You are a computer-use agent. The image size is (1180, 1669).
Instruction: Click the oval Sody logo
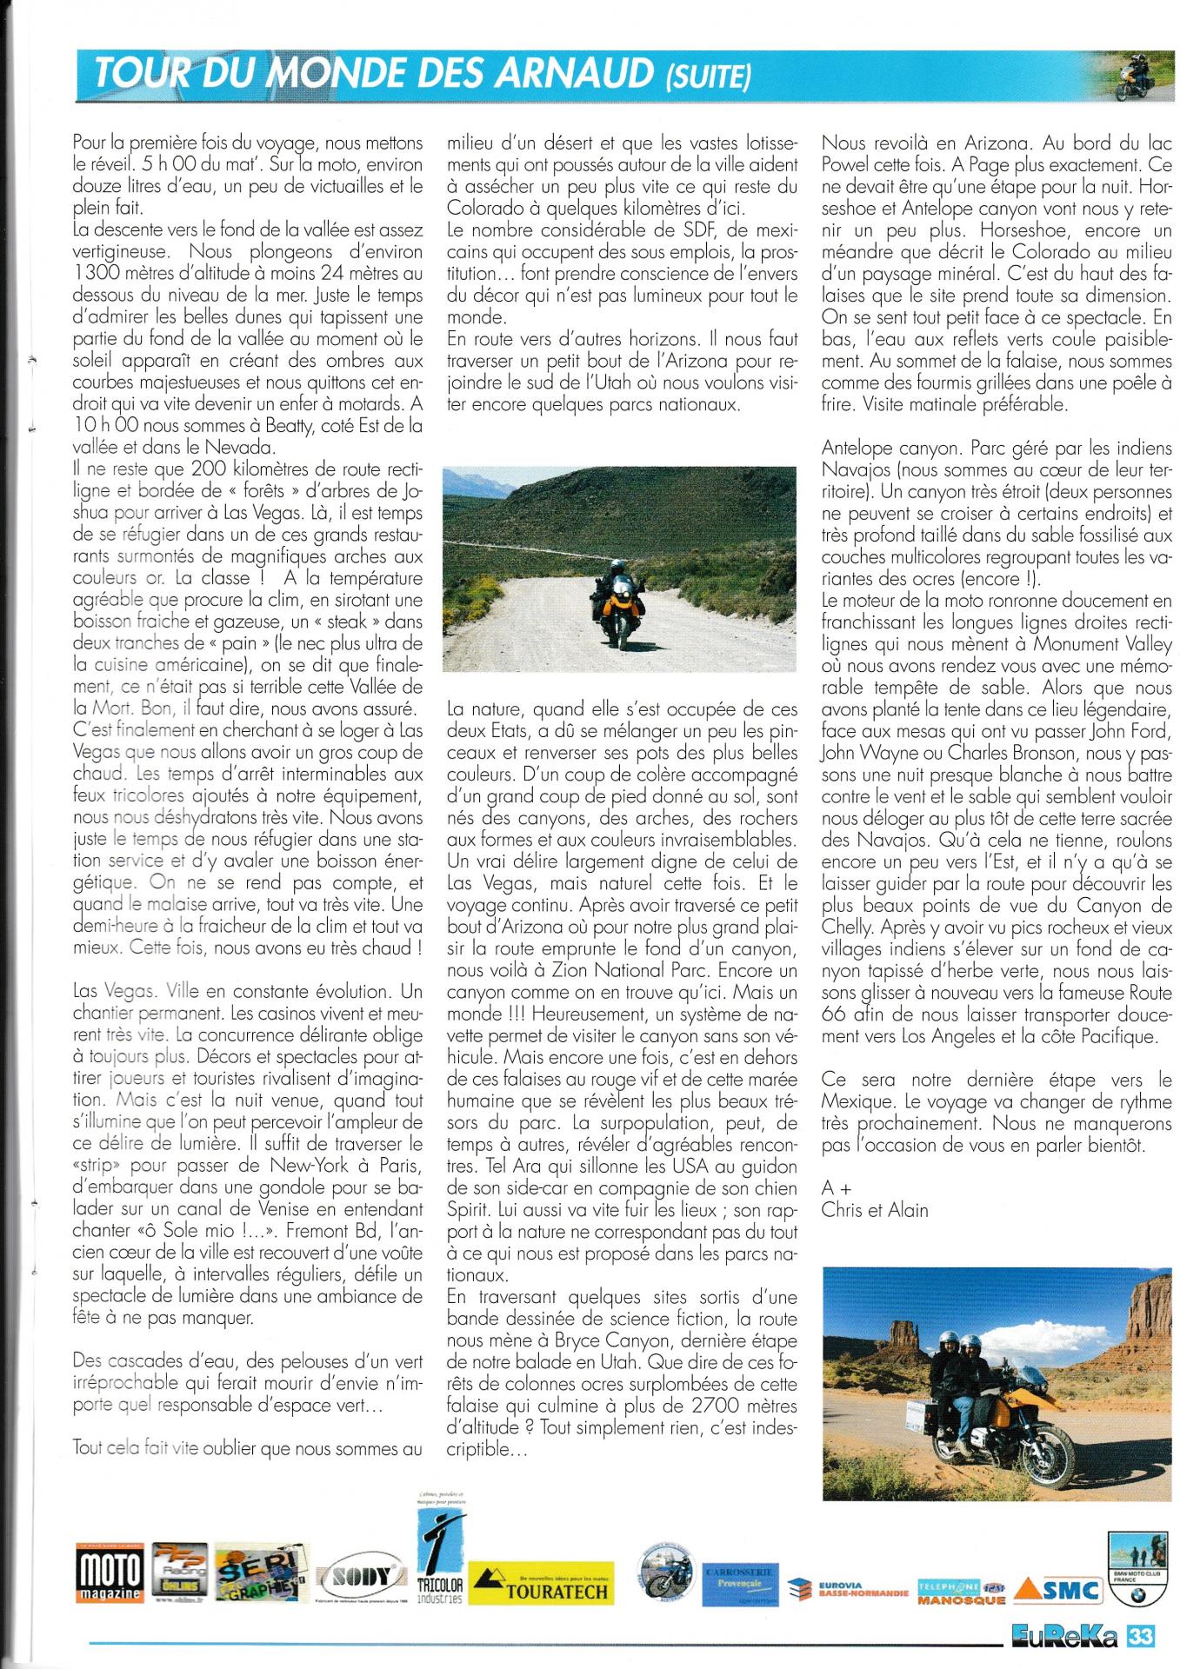(x=362, y=1574)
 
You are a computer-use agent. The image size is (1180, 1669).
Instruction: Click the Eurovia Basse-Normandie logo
(x=848, y=1591)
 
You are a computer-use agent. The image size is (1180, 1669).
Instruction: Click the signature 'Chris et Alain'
(x=875, y=1210)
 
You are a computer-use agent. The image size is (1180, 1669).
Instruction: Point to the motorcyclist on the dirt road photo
(x=615, y=590)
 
